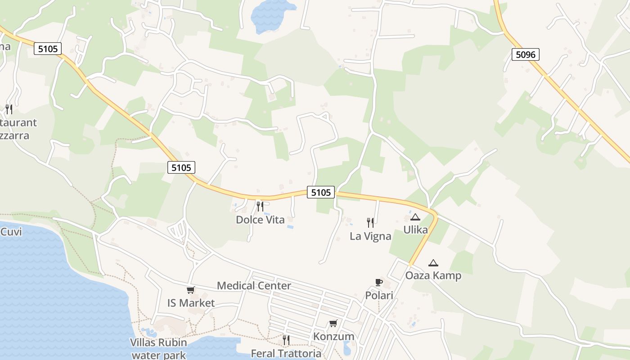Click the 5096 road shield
pyautogui.click(x=525, y=55)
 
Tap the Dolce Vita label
pyautogui.click(x=260, y=220)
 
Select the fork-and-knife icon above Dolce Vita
pyautogui.click(x=260, y=207)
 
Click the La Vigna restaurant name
pyautogui.click(x=370, y=236)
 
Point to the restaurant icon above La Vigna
pyautogui.click(x=370, y=222)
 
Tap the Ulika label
pyautogui.click(x=415, y=229)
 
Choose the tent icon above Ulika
pyautogui.click(x=415, y=217)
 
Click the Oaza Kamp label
pyautogui.click(x=433, y=275)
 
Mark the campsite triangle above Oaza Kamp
pyautogui.click(x=433, y=263)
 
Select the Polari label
pyautogui.click(x=379, y=296)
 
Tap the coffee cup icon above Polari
pyautogui.click(x=379, y=283)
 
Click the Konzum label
pyautogui.click(x=333, y=337)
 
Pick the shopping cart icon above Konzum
pyautogui.click(x=333, y=323)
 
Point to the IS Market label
pyautogui.click(x=191, y=303)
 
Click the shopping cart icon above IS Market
pyautogui.click(x=191, y=290)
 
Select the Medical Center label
pyautogui.click(x=254, y=285)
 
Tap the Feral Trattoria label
pyautogui.click(x=286, y=353)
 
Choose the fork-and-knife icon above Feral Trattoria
pyautogui.click(x=286, y=340)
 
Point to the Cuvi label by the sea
pyautogui.click(x=11, y=232)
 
